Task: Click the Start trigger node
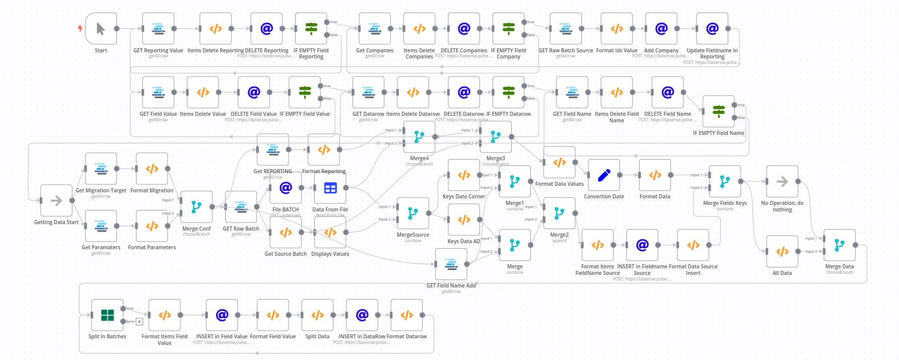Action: coord(101,29)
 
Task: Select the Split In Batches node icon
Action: coord(107,315)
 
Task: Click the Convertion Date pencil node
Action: coord(604,175)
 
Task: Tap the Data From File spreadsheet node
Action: coord(330,188)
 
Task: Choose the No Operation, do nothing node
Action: coord(782,182)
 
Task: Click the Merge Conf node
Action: coord(196,207)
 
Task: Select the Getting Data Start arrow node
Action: coord(56,200)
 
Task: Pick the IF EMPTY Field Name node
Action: coord(718,111)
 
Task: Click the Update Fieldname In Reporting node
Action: coord(712,29)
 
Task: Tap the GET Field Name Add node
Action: coord(451,264)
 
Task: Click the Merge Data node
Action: coord(839,245)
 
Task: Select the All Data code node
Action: coord(782,251)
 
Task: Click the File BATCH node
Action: coord(286,188)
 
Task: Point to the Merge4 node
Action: coord(419,136)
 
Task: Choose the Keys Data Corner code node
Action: coord(463,175)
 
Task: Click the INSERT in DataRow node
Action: coord(362,315)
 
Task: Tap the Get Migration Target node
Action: coord(101,169)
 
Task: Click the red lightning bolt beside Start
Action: coord(80,29)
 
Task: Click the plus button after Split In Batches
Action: coord(140,321)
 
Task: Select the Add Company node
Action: coord(661,29)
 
